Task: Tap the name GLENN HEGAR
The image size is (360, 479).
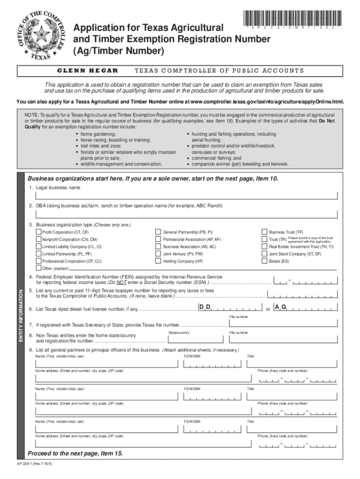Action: point(87,71)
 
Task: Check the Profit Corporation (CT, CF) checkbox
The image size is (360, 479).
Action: point(39,232)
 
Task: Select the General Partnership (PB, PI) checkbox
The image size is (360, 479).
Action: point(158,232)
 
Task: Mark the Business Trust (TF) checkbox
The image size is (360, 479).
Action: point(264,232)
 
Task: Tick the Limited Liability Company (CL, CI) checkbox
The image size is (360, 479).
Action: point(39,246)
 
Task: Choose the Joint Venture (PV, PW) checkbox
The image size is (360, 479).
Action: point(158,254)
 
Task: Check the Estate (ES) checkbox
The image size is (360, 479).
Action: point(264,261)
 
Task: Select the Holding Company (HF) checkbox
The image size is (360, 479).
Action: point(158,261)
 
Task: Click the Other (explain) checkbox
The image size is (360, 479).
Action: point(39,269)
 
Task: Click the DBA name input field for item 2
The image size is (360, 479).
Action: point(182,214)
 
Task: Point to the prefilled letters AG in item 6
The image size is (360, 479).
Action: point(281,307)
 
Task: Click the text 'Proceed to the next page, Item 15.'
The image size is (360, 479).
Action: point(75,454)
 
